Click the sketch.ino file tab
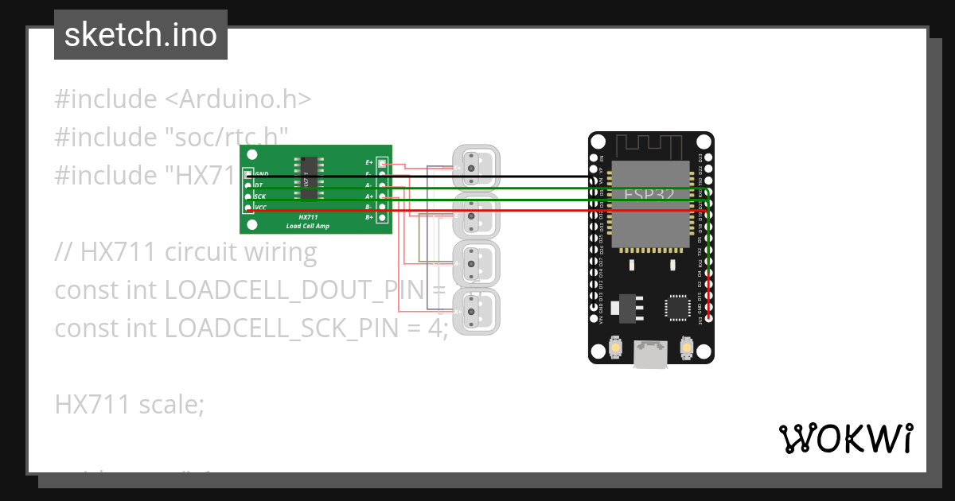click(141, 35)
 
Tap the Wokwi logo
click(845, 438)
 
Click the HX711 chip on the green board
click(305, 178)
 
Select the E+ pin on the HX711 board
click(382, 163)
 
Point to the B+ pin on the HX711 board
click(382, 217)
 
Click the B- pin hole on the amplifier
click(382, 207)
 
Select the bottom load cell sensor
click(475, 310)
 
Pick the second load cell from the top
click(475, 215)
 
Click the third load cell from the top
click(475, 262)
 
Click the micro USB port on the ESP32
click(651, 354)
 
